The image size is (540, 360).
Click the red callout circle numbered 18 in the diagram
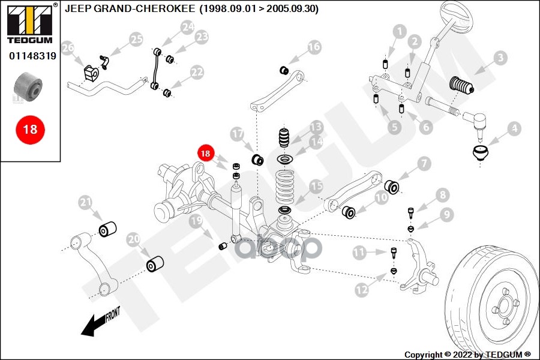point(206,154)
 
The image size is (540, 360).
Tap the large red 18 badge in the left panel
point(30,128)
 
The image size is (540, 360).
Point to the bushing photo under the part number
point(28,87)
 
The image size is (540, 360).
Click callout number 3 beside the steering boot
point(500,59)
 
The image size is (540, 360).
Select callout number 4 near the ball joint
point(514,128)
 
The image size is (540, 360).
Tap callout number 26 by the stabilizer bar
point(68,47)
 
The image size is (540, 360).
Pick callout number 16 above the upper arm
point(314,47)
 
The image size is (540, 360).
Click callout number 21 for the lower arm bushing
point(85,203)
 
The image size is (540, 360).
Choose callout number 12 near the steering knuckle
point(361,290)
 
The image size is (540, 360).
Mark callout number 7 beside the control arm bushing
point(424,163)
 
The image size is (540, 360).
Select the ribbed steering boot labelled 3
point(461,86)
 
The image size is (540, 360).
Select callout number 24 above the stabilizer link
point(188,27)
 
